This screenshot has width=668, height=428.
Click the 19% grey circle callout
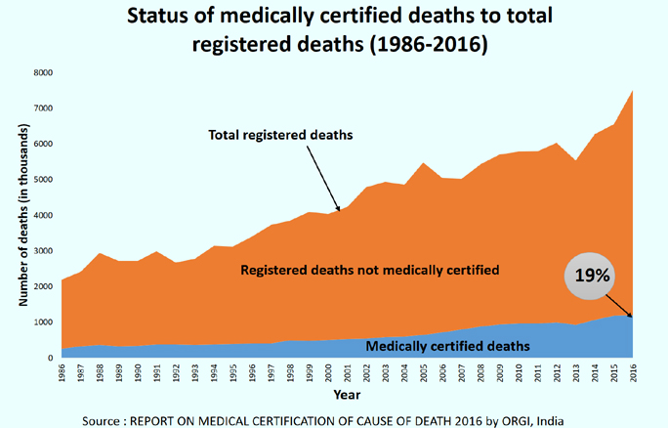click(591, 277)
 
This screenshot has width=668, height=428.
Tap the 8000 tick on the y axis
click(42, 73)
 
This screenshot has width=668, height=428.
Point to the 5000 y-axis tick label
click(42, 180)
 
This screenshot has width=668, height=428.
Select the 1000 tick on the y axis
click(42, 322)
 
